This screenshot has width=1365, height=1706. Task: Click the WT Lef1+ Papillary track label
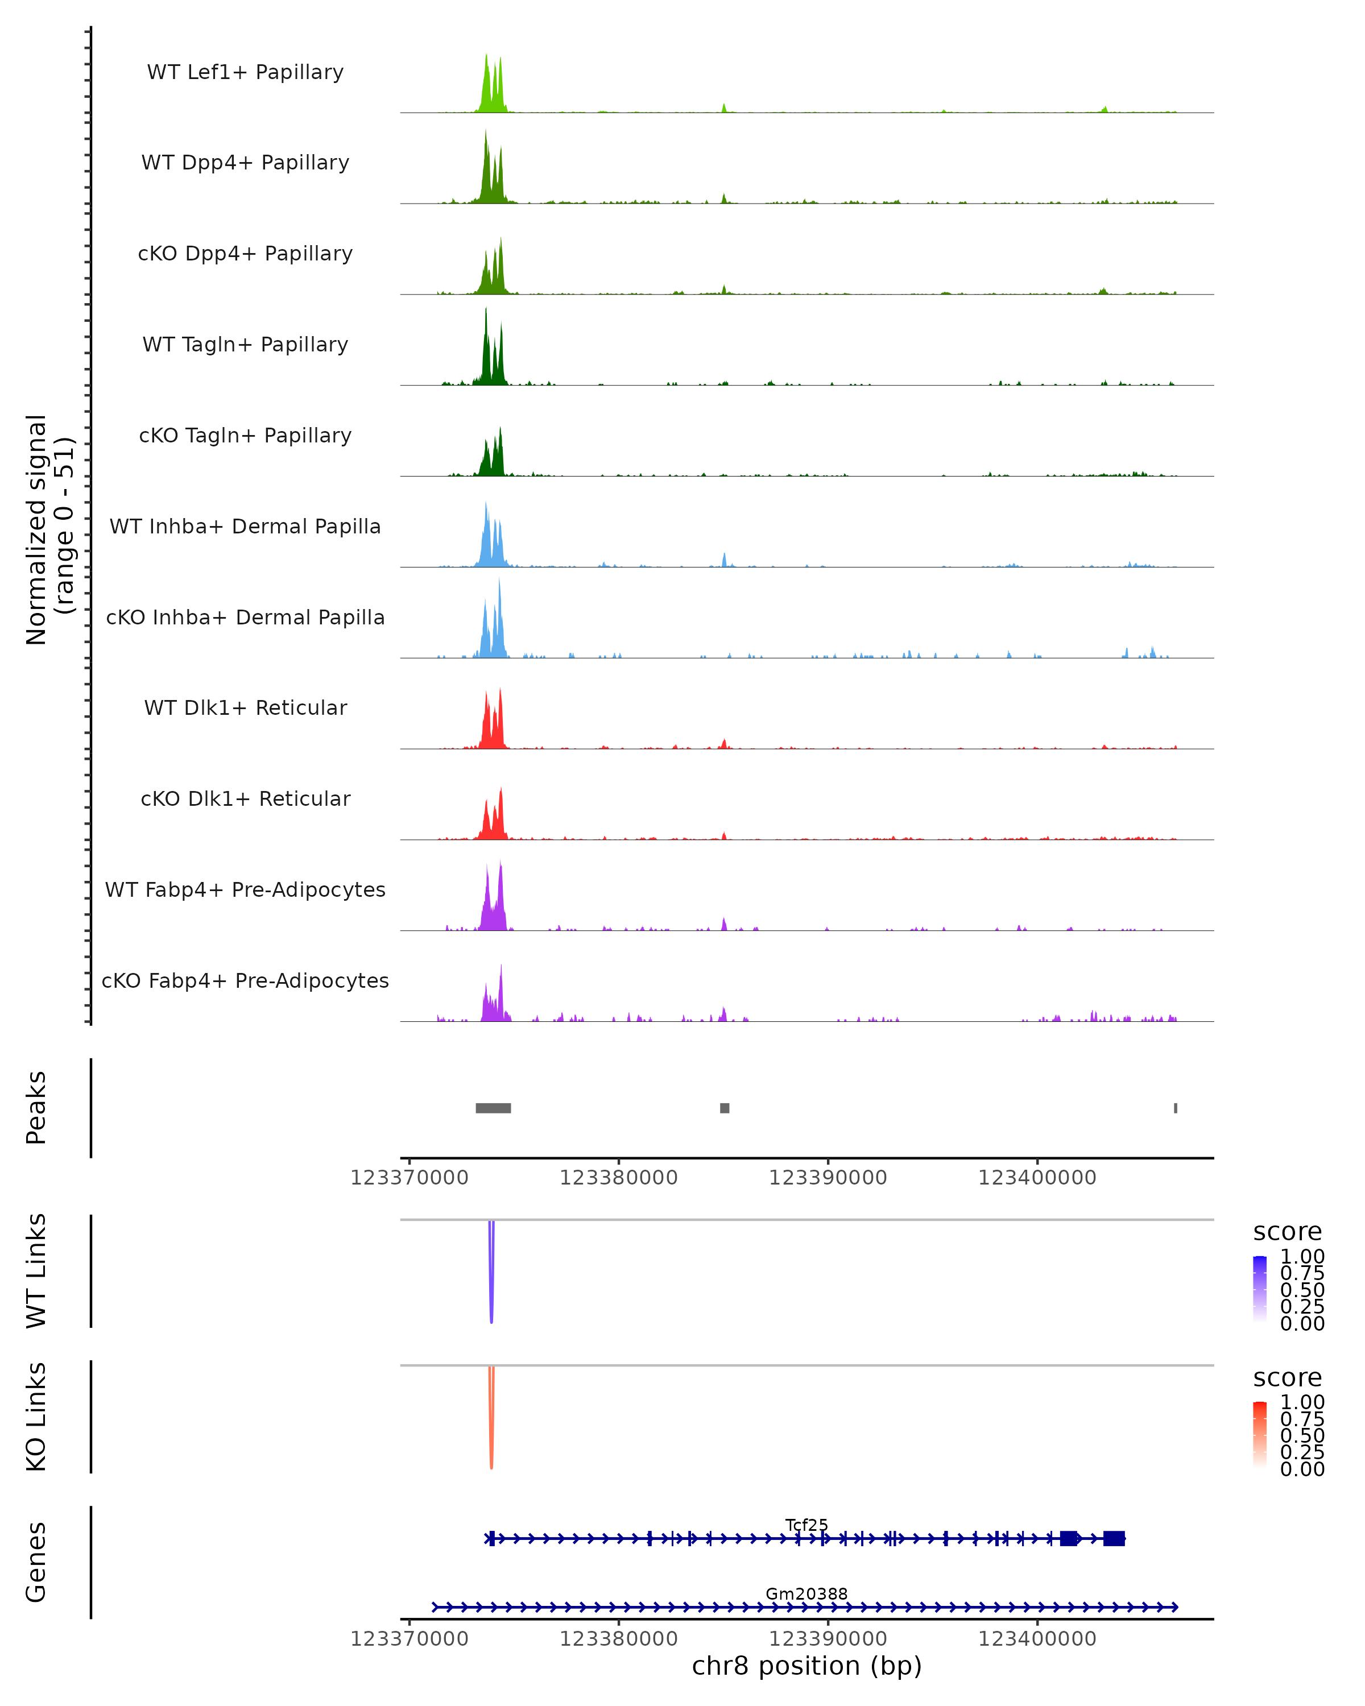click(245, 72)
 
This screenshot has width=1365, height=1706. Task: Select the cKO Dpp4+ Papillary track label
click(245, 254)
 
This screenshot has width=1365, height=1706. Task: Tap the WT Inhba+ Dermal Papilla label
click(245, 527)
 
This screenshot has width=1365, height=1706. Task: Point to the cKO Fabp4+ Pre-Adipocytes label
click(245, 981)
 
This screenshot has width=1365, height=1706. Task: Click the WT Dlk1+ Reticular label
click(245, 708)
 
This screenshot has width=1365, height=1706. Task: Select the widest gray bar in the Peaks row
click(493, 1108)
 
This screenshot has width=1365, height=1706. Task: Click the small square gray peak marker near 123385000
click(725, 1108)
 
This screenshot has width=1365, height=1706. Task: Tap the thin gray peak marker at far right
click(1176, 1108)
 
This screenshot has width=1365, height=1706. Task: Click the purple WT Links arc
click(491, 1274)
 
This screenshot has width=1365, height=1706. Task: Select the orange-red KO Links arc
click(491, 1421)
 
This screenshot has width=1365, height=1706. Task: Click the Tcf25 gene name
click(806, 1525)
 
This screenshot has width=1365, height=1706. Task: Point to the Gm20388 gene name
click(806, 1593)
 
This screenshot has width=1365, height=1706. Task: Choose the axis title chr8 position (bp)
click(806, 1666)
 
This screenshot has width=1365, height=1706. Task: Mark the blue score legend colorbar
click(1260, 1289)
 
